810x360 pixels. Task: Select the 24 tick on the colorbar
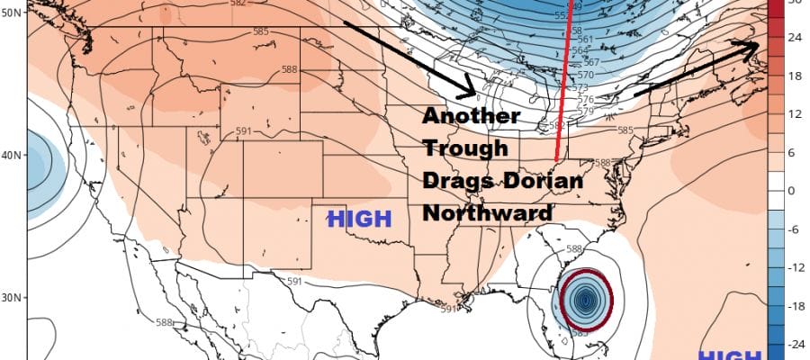pyautogui.click(x=795, y=37)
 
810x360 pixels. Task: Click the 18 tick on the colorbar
pyautogui.click(x=795, y=76)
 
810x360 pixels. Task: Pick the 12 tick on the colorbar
pyautogui.click(x=795, y=114)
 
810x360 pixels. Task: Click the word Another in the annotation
pyautogui.click(x=471, y=117)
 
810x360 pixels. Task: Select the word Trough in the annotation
pyautogui.click(x=465, y=148)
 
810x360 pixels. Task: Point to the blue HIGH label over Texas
pyautogui.click(x=359, y=218)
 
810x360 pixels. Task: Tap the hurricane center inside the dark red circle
pyautogui.click(x=586, y=297)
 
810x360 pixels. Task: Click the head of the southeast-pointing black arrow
pyautogui.click(x=472, y=94)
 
